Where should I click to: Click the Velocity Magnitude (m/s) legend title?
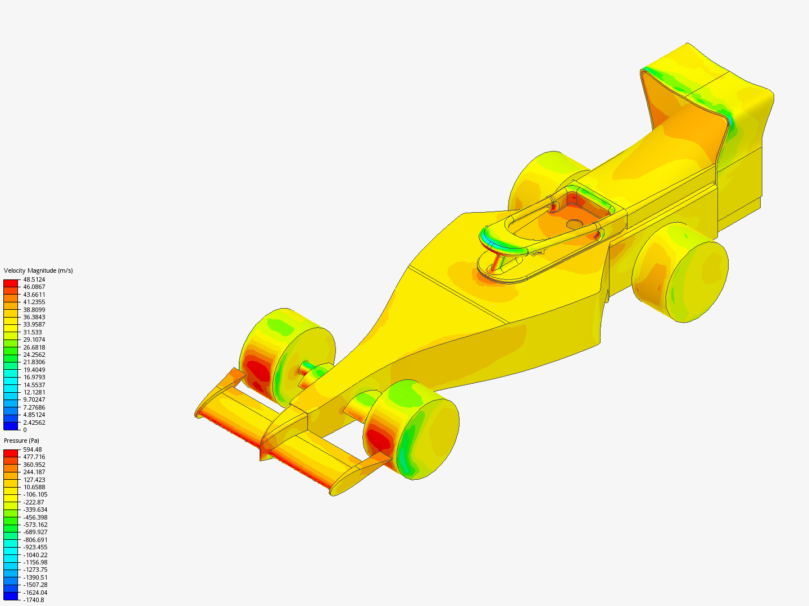point(38,270)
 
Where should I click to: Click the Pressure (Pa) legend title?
point(21,440)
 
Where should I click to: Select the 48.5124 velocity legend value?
point(34,279)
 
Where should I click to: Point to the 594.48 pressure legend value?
point(32,449)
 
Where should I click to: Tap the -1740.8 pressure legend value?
point(33,600)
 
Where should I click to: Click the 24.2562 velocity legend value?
point(34,355)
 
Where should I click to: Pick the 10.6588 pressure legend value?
point(34,487)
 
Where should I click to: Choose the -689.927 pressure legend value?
point(35,532)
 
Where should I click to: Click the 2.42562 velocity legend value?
point(34,423)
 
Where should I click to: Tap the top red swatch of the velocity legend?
point(11,283)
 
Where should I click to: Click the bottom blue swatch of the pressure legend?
point(11,596)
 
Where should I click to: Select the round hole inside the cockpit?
point(574,224)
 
